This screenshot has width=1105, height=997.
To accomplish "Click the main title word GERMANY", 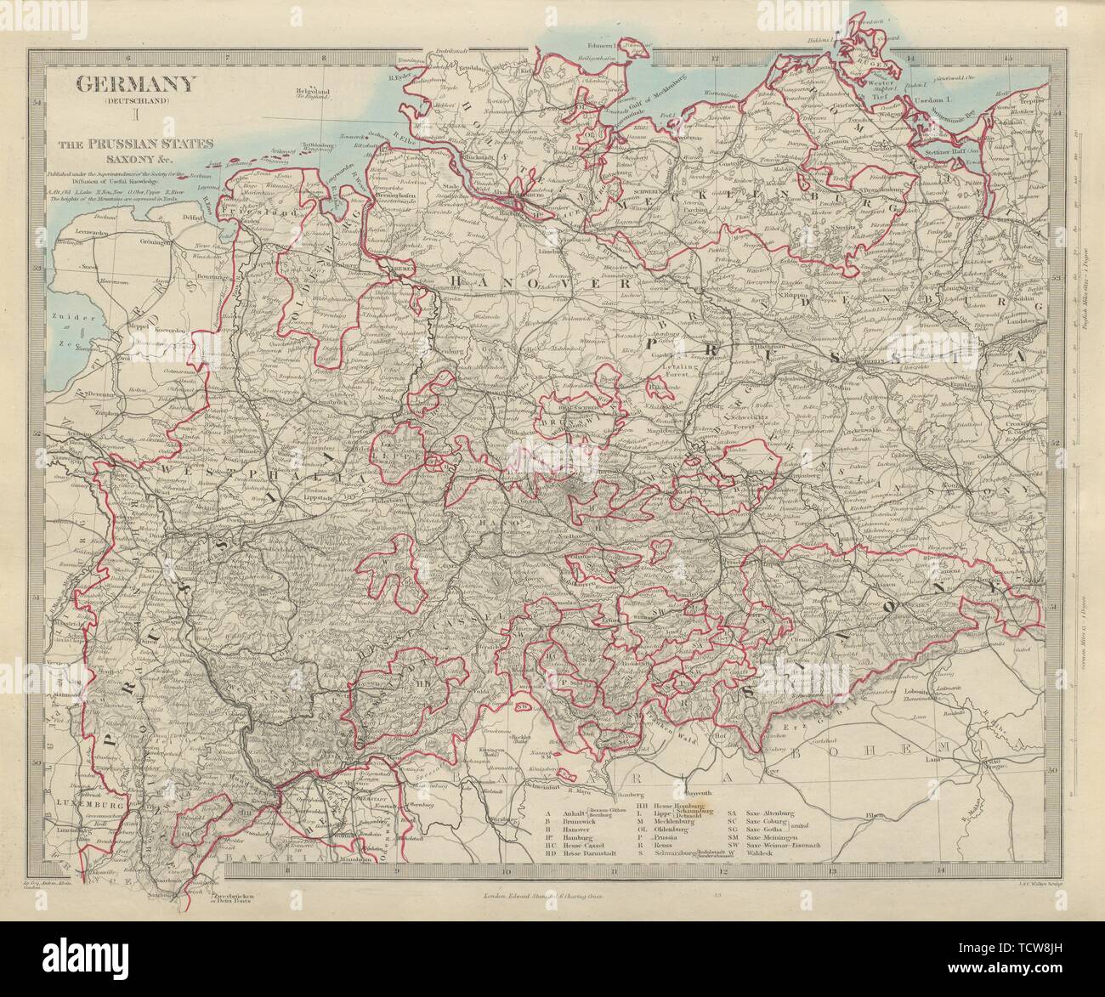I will tap(137, 84).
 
